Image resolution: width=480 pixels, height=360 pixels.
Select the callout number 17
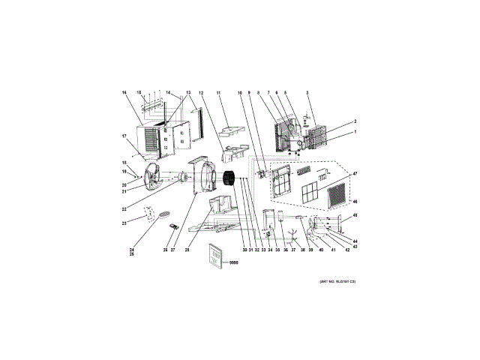point(124,136)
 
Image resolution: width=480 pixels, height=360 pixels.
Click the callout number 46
point(354,202)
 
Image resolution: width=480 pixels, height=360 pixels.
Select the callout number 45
point(355,215)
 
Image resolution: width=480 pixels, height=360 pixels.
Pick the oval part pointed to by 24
point(160,216)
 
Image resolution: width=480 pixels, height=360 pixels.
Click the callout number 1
point(355,132)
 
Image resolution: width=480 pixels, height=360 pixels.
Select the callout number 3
point(307,92)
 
